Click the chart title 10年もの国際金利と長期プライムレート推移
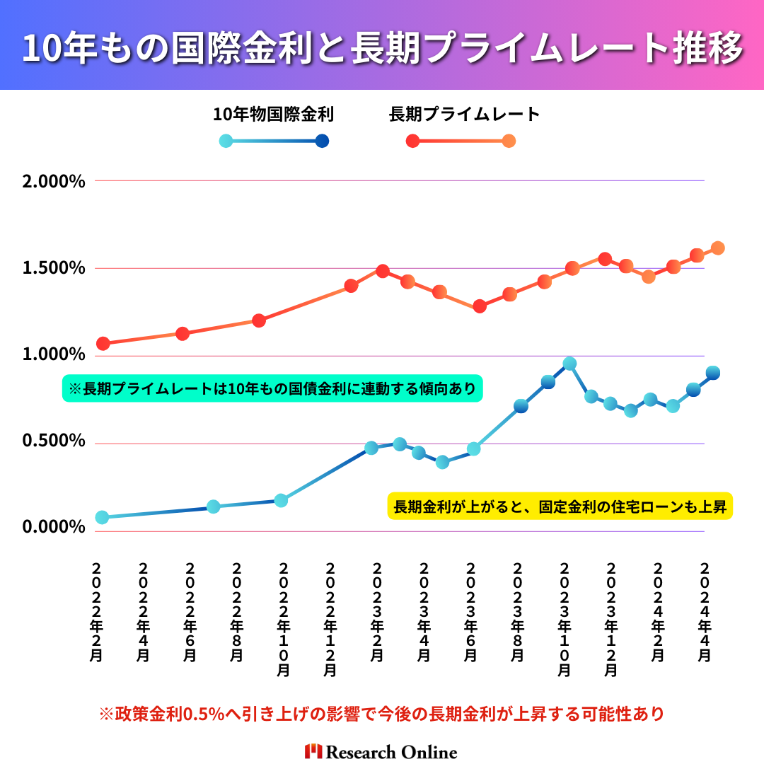click(x=382, y=47)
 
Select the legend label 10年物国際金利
click(x=273, y=114)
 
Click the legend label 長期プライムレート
click(x=464, y=114)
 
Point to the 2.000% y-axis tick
click(x=54, y=181)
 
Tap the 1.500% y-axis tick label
click(x=54, y=269)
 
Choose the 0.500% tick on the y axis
click(x=54, y=441)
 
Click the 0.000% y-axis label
click(x=54, y=528)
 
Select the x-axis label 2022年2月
click(x=97, y=613)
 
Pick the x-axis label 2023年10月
click(x=565, y=620)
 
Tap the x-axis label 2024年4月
click(x=705, y=613)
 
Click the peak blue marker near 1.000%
click(x=569, y=364)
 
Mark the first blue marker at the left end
click(x=102, y=517)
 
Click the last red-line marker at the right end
click(x=717, y=248)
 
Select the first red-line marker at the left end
click(x=103, y=344)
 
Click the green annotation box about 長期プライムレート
click(x=272, y=388)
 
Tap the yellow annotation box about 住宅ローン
click(x=560, y=507)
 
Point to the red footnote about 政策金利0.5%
click(x=382, y=714)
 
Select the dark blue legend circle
click(x=322, y=141)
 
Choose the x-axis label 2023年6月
click(x=470, y=613)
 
